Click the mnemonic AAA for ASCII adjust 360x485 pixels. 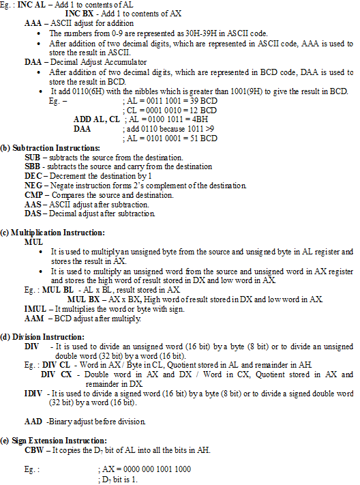pos(32,23)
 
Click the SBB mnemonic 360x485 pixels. pos(32,166)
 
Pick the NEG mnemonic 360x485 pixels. pos(33,185)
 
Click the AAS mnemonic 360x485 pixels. pos(32,204)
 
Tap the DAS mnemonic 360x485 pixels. pos(32,214)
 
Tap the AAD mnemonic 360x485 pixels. pos(33,422)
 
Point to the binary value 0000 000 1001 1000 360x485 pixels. pos(155,469)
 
